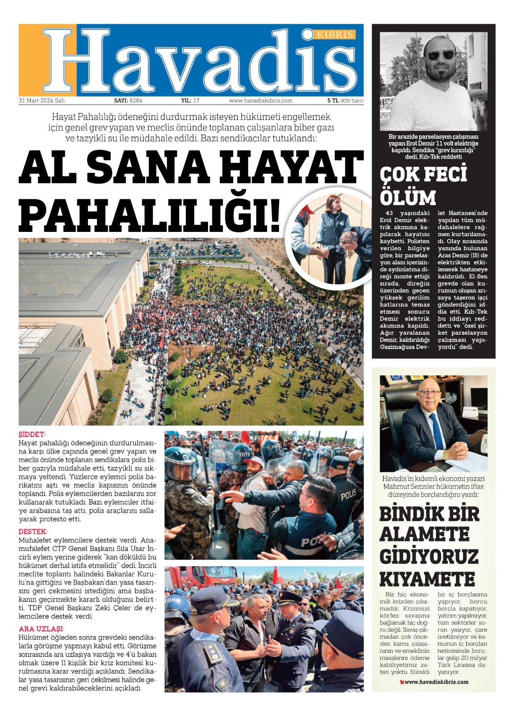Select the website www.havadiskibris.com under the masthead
(x=261, y=101)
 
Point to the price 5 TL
(x=333, y=101)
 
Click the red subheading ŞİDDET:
(x=32, y=434)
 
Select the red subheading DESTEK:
(x=33, y=532)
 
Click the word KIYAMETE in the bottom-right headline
(x=427, y=579)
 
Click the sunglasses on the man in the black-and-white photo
(x=440, y=55)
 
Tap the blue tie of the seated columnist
(x=437, y=432)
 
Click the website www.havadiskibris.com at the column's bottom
(x=436, y=682)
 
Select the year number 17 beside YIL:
(x=196, y=101)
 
